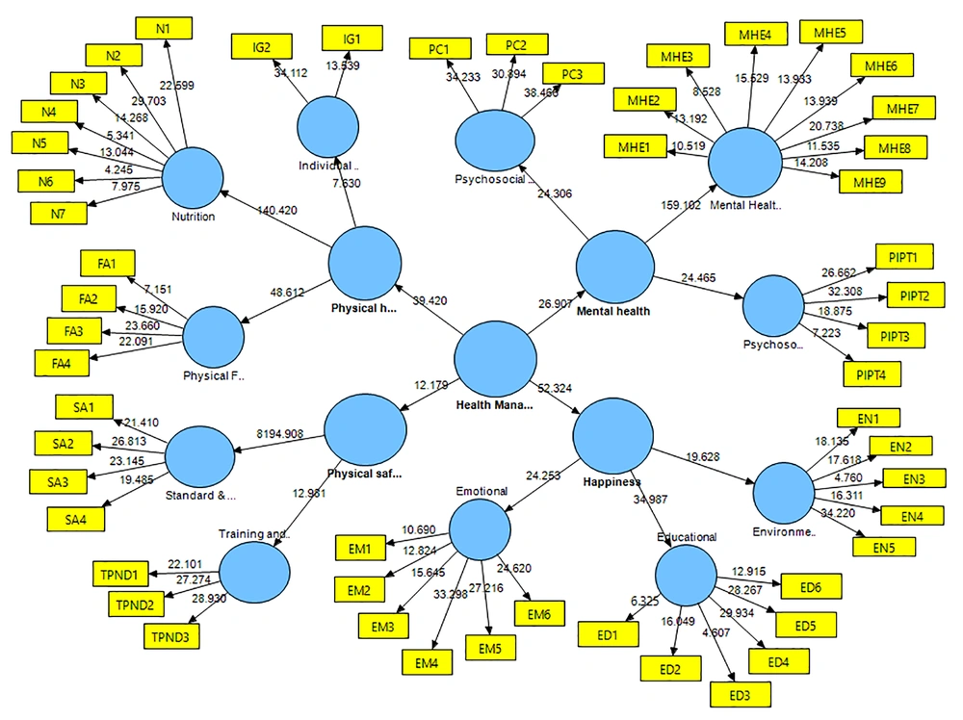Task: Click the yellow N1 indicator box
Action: [163, 28]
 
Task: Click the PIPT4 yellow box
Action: [872, 373]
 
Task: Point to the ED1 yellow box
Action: [605, 633]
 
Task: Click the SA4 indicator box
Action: [75, 519]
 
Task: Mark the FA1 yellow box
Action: [109, 263]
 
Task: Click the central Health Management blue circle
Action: [495, 359]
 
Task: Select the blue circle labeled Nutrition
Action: [192, 179]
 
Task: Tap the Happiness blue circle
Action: [613, 435]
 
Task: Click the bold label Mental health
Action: [613, 311]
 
